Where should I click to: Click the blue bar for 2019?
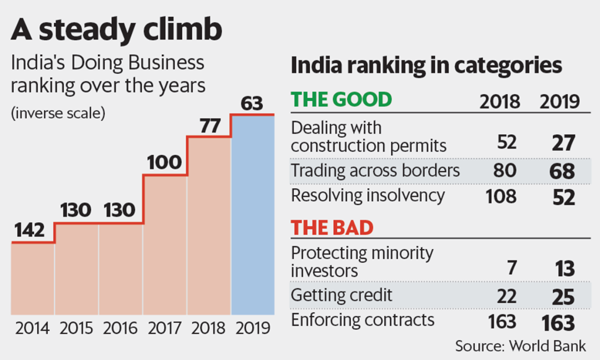click(252, 215)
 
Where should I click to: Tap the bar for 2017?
click(165, 245)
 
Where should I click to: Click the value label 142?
click(29, 231)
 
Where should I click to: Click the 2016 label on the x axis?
click(120, 328)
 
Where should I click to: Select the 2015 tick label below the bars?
click(76, 328)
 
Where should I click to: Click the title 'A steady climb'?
click(116, 31)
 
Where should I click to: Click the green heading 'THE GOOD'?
click(341, 100)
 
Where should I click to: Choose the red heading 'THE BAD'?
click(332, 228)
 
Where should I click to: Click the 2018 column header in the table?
click(499, 102)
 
